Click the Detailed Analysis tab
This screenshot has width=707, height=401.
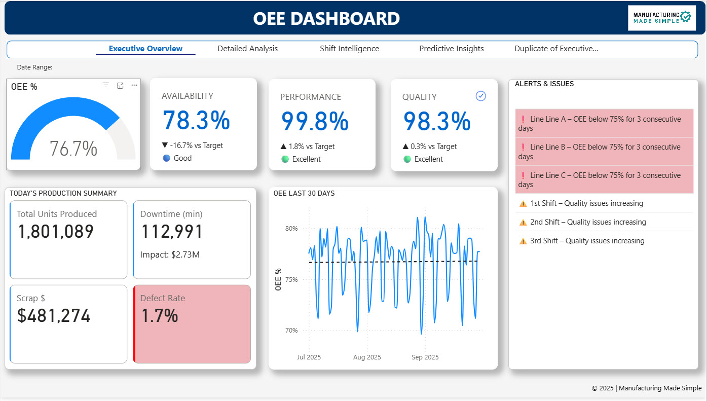click(x=247, y=49)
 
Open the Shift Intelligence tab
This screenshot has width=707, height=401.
click(x=349, y=49)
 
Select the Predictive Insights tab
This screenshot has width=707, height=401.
click(x=451, y=49)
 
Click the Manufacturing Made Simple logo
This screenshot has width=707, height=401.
click(x=661, y=18)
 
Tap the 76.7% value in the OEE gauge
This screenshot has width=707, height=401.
click(x=73, y=149)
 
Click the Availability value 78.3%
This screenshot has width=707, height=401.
click(x=196, y=121)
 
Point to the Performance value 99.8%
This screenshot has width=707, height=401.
click(x=315, y=122)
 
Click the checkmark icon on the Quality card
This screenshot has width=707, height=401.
click(x=481, y=96)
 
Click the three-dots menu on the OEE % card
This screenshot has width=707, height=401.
click(x=134, y=86)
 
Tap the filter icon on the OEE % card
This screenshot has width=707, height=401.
click(x=106, y=86)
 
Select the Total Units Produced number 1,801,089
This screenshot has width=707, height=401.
click(x=56, y=232)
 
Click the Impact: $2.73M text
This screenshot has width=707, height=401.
click(x=170, y=254)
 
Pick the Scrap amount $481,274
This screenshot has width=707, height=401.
click(x=54, y=316)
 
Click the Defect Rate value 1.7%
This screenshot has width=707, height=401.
click(x=159, y=316)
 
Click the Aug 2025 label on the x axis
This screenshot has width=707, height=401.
click(x=366, y=357)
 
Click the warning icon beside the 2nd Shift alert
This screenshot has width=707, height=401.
click(x=523, y=222)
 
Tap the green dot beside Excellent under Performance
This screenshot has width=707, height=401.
click(x=285, y=159)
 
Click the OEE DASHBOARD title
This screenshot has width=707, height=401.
click(x=326, y=19)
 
